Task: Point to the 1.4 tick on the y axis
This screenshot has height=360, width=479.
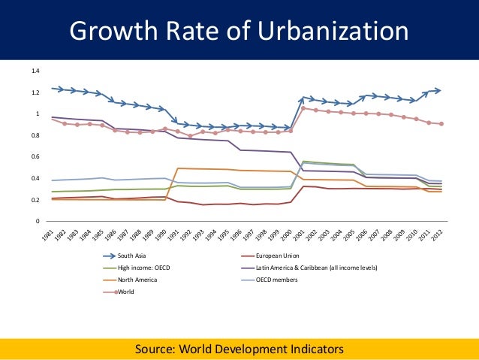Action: (35, 71)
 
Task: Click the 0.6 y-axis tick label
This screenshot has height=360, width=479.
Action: (35, 157)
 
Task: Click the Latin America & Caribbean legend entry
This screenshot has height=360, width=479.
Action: (315, 268)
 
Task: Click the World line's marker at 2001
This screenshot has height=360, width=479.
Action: (303, 108)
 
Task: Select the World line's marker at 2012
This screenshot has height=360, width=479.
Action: (441, 124)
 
